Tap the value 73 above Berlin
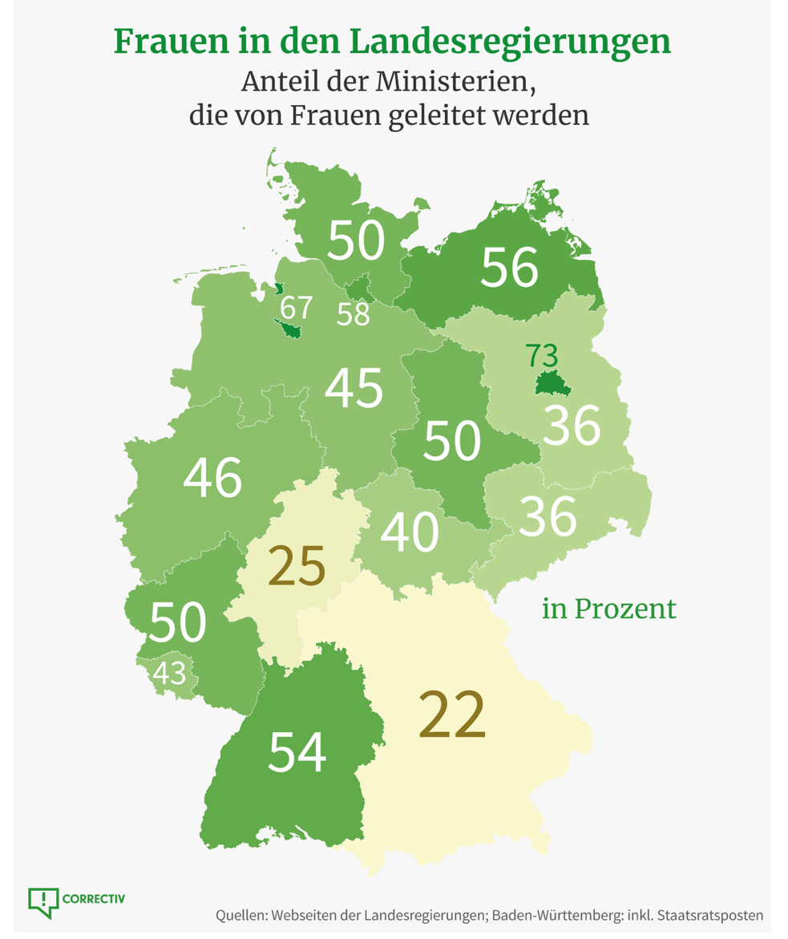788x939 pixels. pos(542,355)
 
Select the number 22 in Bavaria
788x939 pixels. pos(451,714)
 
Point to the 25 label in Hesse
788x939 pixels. pos(297,566)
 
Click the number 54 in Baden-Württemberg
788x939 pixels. pos(297,752)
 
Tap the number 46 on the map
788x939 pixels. pos(212,478)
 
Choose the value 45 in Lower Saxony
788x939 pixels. pos(354,389)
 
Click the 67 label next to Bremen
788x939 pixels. pos(295,307)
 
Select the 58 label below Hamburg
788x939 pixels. pos(353,315)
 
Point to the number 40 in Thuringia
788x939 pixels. pos(410,532)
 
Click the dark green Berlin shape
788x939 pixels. pos(552,385)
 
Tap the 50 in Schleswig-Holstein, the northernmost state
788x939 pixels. pos(356,241)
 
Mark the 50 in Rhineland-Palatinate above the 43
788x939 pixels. pos(178,622)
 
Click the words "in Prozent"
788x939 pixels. pos(609,609)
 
